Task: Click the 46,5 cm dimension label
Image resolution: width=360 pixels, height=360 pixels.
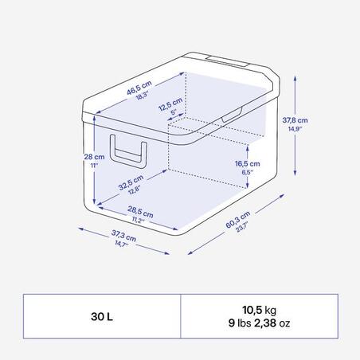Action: tap(139, 88)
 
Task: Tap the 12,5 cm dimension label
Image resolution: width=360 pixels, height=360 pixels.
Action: tap(170, 104)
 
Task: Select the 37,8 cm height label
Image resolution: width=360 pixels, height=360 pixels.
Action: tap(295, 120)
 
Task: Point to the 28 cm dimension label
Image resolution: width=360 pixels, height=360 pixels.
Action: tap(94, 157)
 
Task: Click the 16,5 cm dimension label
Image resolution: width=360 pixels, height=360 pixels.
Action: tap(248, 163)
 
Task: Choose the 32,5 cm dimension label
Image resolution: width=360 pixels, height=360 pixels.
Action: tap(131, 182)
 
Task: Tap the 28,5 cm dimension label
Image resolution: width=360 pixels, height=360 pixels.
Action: tap(140, 212)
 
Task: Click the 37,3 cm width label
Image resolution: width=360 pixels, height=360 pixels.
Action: tap(123, 236)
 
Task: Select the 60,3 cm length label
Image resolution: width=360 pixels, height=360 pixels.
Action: tap(238, 219)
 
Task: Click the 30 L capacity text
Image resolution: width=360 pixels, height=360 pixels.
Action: tap(102, 316)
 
